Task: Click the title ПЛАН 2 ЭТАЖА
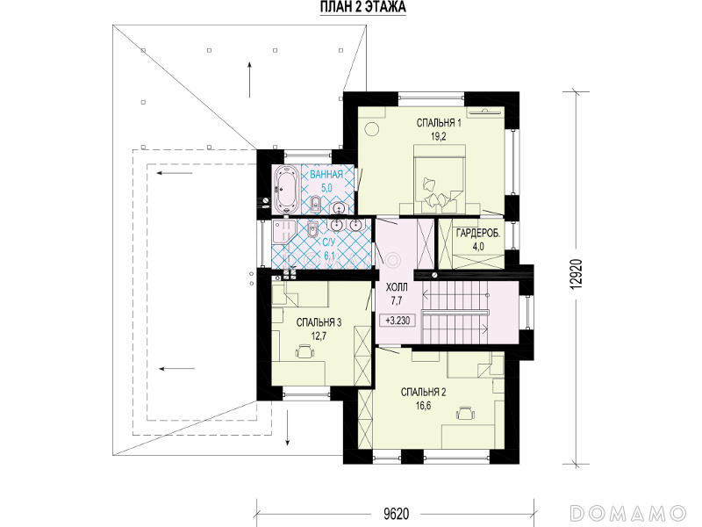point(363,7)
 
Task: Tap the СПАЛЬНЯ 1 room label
point(439,123)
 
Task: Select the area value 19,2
point(440,137)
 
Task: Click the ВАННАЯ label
point(326,174)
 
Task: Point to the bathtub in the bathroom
point(286,190)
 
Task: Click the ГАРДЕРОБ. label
point(478,233)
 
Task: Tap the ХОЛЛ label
point(397,287)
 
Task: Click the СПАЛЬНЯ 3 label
point(319,322)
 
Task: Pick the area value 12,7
point(319,336)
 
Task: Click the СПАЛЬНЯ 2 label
point(423,393)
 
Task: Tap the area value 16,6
point(423,407)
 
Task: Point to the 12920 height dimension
point(577,274)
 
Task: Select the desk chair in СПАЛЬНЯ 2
point(466,413)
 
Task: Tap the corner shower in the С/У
point(282,231)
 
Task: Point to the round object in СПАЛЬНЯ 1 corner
point(371,129)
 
